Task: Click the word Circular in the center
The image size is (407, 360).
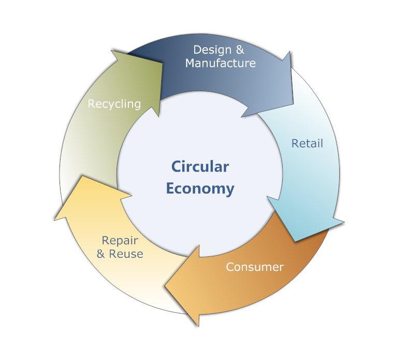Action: point(200,167)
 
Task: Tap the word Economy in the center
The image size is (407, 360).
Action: point(200,189)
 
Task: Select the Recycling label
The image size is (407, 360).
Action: point(114,104)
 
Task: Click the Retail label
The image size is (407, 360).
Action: point(307,143)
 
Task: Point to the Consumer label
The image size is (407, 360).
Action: point(255,267)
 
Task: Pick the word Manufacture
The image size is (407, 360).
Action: point(221,63)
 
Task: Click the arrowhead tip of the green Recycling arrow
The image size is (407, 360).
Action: point(112,50)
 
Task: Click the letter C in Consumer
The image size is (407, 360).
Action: point(230,267)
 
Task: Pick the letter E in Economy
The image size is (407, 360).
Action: point(170,189)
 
